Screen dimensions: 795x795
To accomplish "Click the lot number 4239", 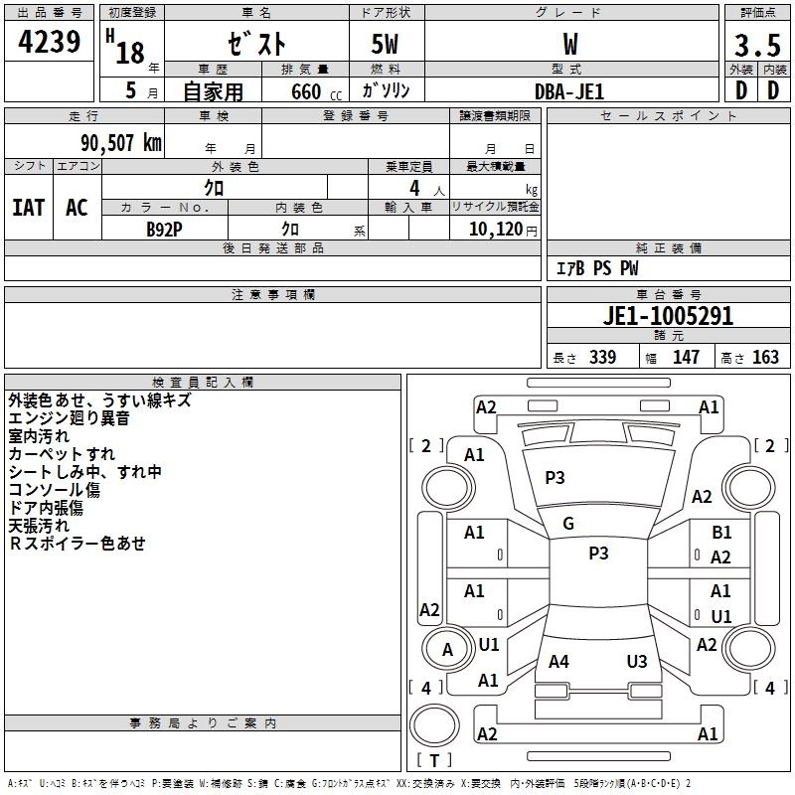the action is coord(49,41).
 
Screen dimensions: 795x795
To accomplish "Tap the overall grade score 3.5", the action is coord(757,45).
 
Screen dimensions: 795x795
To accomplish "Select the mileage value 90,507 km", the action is coord(121,143).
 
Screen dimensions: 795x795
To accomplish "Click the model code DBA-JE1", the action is coord(569,91).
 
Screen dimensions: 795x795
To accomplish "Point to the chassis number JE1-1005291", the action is coord(668,315).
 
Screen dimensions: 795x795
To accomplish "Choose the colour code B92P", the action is coord(164,230).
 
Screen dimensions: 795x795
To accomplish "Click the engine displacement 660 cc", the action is coord(316,91).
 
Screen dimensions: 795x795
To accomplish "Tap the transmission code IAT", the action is coord(29,207).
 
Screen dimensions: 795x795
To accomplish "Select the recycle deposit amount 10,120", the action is coord(495,229).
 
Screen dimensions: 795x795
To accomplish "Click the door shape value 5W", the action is coord(385,44).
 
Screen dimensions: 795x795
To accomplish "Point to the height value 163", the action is coord(765,357).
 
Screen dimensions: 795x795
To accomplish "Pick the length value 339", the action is coord(602,357).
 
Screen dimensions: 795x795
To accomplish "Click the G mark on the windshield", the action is coord(568,523).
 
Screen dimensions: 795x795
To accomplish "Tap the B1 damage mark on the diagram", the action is coord(721,532).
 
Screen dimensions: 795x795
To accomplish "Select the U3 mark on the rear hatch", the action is coord(637,661).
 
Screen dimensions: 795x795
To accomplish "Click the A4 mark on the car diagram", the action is coord(558,661).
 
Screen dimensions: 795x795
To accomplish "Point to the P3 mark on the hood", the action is coord(555,477).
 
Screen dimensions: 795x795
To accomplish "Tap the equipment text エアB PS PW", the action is coord(597,267).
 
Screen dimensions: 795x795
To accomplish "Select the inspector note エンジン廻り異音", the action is coord(69,417).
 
